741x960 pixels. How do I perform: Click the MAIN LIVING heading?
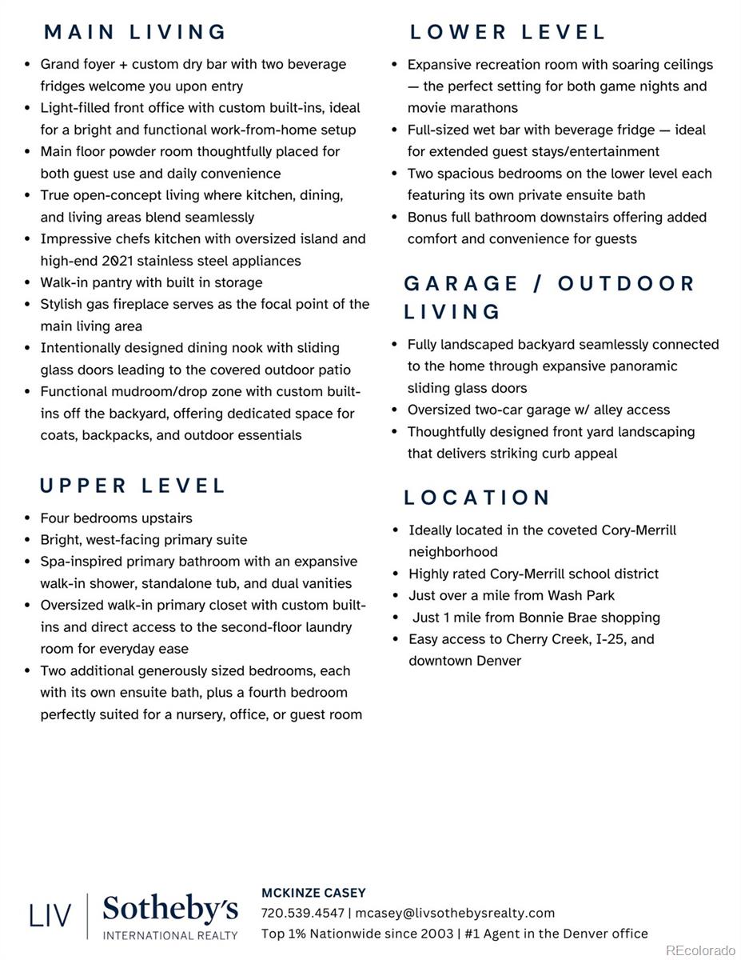[135, 32]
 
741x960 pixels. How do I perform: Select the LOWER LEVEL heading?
[508, 32]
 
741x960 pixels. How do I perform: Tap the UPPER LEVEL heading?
[133, 486]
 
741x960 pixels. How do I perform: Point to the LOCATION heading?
[477, 498]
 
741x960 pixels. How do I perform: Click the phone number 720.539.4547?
[302, 913]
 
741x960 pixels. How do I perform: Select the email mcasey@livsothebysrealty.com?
[455, 913]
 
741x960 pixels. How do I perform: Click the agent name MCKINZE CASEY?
[313, 893]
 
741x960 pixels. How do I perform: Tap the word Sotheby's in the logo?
[170, 909]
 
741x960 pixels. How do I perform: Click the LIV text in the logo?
[50, 915]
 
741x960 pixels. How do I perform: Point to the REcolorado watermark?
[699, 950]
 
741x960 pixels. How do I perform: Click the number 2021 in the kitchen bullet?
[118, 261]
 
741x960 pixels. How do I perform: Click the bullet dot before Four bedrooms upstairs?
[28, 518]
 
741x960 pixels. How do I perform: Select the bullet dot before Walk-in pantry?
[28, 282]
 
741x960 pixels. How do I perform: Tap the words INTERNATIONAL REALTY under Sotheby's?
[170, 935]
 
